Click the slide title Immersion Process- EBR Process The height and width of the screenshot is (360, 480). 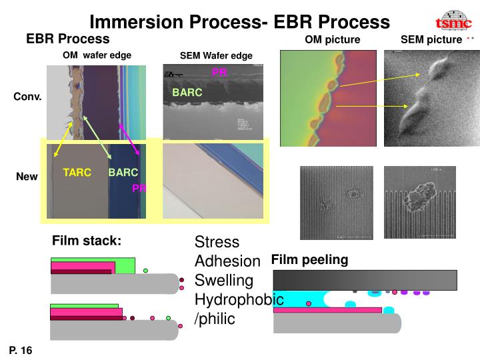pos(240,21)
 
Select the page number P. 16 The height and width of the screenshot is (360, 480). pos(21,350)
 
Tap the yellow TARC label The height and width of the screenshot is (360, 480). pos(77,173)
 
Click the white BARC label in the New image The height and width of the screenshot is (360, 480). pos(123,173)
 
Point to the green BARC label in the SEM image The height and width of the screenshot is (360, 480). pos(187,93)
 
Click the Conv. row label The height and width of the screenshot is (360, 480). pos(28,97)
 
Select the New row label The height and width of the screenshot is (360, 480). pos(27,177)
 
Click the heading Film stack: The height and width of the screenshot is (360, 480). pos(87,241)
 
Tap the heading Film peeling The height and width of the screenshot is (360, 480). pos(309,259)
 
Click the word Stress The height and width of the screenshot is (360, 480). pos(217,241)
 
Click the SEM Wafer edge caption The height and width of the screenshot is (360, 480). pos(216,55)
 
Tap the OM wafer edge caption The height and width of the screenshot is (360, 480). pos(97,55)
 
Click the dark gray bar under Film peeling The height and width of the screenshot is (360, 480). pos(365,279)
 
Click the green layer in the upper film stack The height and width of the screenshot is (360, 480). pos(93,260)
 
